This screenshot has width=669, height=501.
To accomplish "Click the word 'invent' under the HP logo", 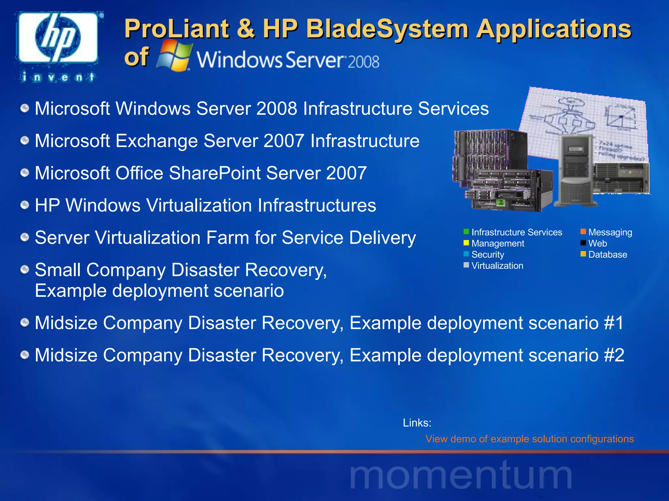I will pyautogui.click(x=58, y=77).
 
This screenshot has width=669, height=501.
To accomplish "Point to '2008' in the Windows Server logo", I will pyautogui.click(x=363, y=62).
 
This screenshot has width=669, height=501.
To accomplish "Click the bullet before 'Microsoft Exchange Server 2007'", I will pyautogui.click(x=25, y=141).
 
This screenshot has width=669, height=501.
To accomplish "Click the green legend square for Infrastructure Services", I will pyautogui.click(x=466, y=232).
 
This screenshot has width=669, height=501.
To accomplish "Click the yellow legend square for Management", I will pyautogui.click(x=466, y=243).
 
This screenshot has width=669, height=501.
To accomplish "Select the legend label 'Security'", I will pyautogui.click(x=488, y=254).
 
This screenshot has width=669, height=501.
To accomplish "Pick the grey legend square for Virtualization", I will pyautogui.click(x=466, y=265).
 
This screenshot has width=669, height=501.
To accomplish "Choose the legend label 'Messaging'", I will pyautogui.click(x=610, y=232).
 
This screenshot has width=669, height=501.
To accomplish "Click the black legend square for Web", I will pyautogui.click(x=583, y=243).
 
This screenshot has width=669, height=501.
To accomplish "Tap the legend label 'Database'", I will pyautogui.click(x=608, y=254).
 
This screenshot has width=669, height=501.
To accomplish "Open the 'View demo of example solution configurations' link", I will pyautogui.click(x=530, y=439).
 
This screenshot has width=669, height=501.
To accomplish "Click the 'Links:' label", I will pyautogui.click(x=417, y=423).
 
